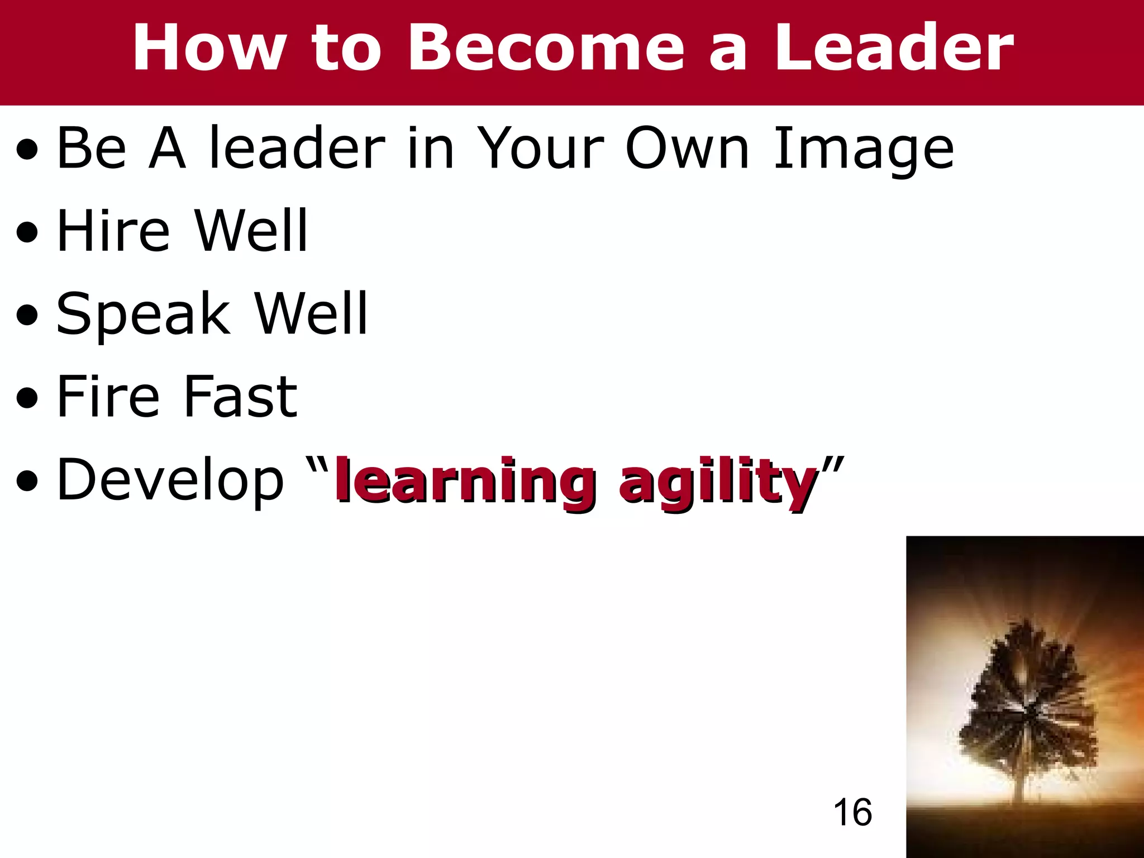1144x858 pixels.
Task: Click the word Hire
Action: click(x=113, y=231)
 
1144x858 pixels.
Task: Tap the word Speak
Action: click(x=143, y=314)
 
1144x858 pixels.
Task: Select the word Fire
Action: click(x=109, y=396)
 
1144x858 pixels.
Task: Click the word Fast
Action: click(x=240, y=396)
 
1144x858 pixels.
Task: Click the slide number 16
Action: click(x=852, y=812)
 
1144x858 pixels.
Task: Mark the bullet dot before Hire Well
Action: click(x=27, y=232)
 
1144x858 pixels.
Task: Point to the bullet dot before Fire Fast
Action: click(x=27, y=398)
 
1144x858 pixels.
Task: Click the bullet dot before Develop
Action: click(x=27, y=481)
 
